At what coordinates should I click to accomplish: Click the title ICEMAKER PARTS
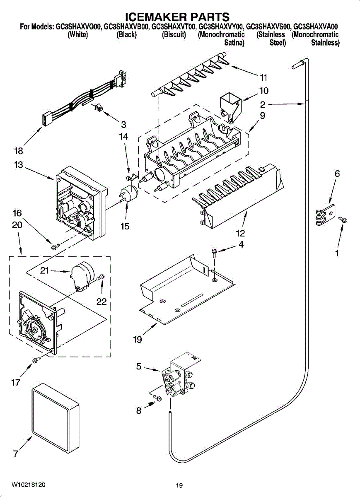coord(178,17)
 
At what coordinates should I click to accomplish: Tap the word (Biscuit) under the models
coord(174,35)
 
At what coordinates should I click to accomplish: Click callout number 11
coord(263,78)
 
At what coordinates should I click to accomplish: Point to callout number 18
coord(18,151)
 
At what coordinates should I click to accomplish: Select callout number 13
coord(18,165)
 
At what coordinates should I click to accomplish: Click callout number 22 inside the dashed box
coord(101,302)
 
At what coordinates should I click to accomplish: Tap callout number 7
coord(15,454)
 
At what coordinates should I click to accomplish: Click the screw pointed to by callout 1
coord(343,220)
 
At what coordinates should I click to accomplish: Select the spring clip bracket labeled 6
coord(325,215)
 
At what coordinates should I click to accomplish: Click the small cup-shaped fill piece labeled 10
coord(230,107)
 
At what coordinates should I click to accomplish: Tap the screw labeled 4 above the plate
coord(215,253)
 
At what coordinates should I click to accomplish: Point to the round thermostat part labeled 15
coord(129,193)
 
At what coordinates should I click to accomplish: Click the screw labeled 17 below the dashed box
coord(36,360)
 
